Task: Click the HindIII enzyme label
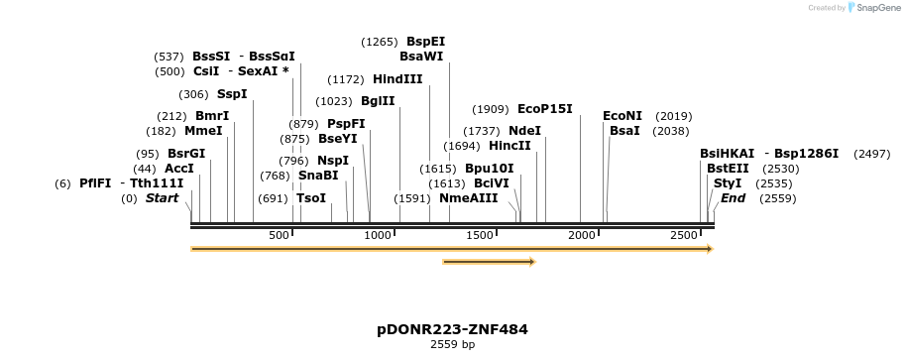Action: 397,79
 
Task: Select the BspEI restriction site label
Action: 425,42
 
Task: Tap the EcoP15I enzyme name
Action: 545,109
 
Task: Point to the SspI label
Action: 232,94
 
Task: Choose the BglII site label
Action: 378,101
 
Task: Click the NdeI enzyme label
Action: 524,131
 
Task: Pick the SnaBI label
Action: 318,176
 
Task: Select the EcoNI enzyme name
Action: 622,116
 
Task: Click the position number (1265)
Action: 380,42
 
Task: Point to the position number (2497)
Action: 871,154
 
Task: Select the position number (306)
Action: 193,94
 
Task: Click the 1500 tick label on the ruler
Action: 480,235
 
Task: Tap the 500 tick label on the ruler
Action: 279,235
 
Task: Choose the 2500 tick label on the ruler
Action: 683,235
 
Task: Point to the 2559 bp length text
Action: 452,345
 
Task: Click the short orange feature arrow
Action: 490,262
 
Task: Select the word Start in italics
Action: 163,198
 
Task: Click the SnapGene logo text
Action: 873,8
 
